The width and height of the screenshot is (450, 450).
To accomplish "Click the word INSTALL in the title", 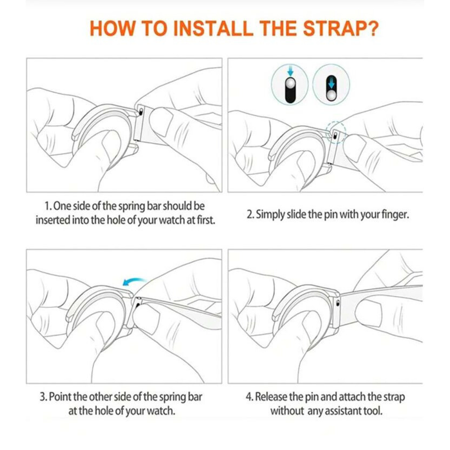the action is point(213,28).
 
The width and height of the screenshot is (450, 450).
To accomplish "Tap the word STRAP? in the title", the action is point(341,28).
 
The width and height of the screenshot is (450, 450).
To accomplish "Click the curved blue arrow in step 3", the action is point(134,281).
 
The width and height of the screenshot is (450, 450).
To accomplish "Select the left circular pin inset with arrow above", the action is point(289,85).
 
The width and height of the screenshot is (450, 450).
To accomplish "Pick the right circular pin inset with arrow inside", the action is point(331,85).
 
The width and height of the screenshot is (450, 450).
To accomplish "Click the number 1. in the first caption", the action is point(48,206).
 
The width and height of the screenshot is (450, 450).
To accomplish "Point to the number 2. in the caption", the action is point(250,214).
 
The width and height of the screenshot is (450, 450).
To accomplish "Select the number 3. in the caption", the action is point(43,397).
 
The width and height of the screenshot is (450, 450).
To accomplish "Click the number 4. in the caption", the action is point(249,397).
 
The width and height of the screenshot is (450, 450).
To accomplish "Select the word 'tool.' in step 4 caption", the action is point(373,411).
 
